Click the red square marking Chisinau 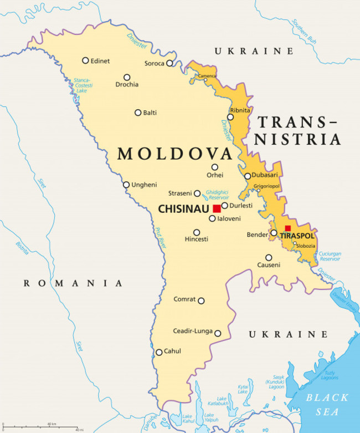[x=217, y=209]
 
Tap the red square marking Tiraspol [x=287, y=228]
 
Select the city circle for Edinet [x=85, y=60]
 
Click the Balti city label [x=150, y=113]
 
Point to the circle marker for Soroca [x=169, y=63]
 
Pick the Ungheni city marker [x=126, y=185]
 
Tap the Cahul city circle [x=159, y=352]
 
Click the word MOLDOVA [x=174, y=154]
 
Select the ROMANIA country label [x=73, y=283]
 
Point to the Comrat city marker [x=201, y=301]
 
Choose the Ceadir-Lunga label [x=192, y=331]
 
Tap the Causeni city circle [x=269, y=257]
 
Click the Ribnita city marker [x=232, y=118]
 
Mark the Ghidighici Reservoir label [x=217, y=195]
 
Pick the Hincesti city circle [x=197, y=232]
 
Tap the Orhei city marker [x=215, y=167]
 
